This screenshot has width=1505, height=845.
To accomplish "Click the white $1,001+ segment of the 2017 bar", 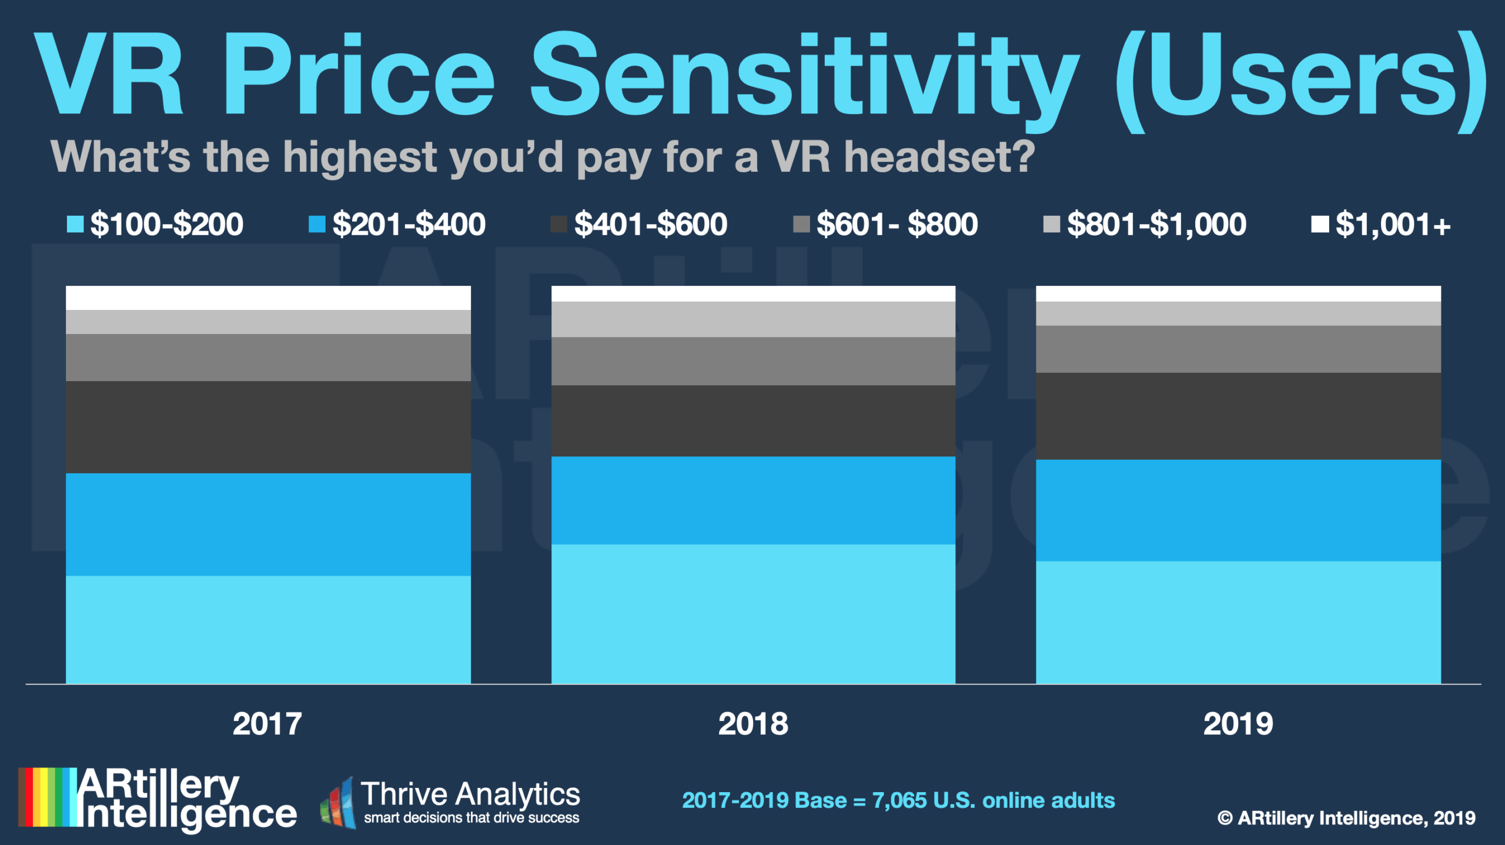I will (268, 298).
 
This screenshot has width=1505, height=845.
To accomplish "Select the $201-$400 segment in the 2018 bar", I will (753, 500).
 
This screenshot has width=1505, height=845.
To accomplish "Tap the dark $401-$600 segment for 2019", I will (1238, 416).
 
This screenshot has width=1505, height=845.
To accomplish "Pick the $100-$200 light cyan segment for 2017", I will (268, 629).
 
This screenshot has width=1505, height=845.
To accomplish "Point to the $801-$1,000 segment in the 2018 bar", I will (753, 319).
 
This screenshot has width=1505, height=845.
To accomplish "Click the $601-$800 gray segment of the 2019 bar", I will (1238, 349).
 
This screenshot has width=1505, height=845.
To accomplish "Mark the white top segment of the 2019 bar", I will (1238, 293).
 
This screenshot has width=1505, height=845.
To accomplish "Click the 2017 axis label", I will (267, 724).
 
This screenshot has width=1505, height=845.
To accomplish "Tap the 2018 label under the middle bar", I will (753, 724).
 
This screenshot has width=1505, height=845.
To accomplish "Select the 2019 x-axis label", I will (1238, 724).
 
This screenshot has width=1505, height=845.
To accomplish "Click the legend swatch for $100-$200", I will (75, 224).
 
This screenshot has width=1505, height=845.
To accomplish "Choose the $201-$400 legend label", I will (409, 224).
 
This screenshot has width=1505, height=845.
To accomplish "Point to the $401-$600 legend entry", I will (650, 224).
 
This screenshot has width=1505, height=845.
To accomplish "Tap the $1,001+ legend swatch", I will (1319, 224).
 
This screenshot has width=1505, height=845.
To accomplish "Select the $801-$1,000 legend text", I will (1156, 224).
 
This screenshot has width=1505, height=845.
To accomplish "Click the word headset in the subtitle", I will (939, 157).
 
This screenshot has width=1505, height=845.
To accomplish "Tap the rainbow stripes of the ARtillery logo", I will (47, 797).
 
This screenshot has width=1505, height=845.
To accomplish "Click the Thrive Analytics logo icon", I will (339, 803).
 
